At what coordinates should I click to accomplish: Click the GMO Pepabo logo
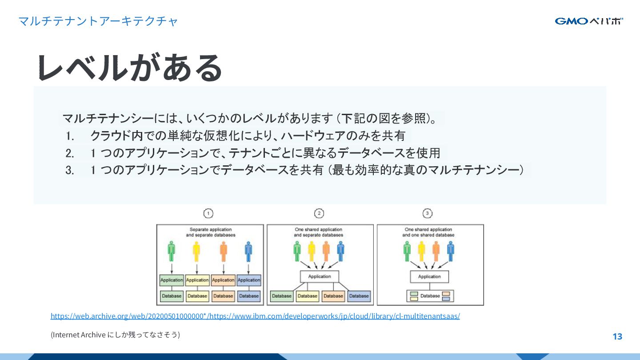pyautogui.click(x=588, y=21)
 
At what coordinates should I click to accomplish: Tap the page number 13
pyautogui.click(x=617, y=336)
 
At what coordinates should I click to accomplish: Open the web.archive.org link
pyautogui.click(x=255, y=316)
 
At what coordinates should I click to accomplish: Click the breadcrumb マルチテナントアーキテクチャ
pyautogui.click(x=98, y=21)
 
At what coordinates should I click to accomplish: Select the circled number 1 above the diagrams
pyautogui.click(x=208, y=214)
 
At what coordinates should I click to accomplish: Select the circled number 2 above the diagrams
pyautogui.click(x=319, y=214)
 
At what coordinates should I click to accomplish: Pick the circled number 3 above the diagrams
pyautogui.click(x=428, y=214)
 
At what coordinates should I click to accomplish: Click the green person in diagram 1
pyautogui.click(x=172, y=252)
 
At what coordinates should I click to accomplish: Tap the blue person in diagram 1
pyautogui.click(x=248, y=252)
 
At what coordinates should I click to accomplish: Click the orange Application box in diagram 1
pyautogui.click(x=223, y=280)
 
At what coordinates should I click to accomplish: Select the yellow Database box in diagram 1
pyautogui.click(x=197, y=296)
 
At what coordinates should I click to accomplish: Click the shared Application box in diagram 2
pyautogui.click(x=320, y=276)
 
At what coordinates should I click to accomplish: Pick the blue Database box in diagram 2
pyautogui.click(x=359, y=296)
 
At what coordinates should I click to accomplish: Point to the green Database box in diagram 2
pyautogui.click(x=281, y=296)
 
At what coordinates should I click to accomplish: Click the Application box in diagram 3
pyautogui.click(x=429, y=276)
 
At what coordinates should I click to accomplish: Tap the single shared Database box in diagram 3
pyautogui.click(x=430, y=296)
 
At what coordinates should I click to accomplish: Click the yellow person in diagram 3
pyautogui.click(x=421, y=252)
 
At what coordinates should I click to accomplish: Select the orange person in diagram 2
pyautogui.click(x=326, y=252)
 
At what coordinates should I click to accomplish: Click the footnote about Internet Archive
pyautogui.click(x=115, y=335)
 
